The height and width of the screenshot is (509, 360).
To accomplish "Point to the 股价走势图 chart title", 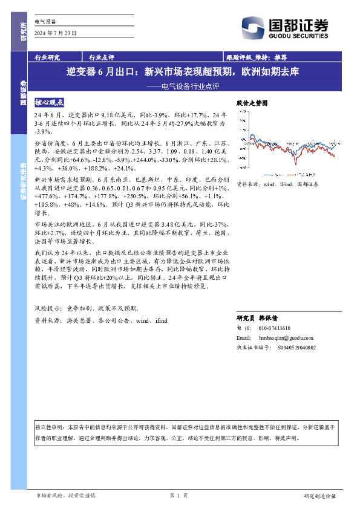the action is click(x=251, y=104).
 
